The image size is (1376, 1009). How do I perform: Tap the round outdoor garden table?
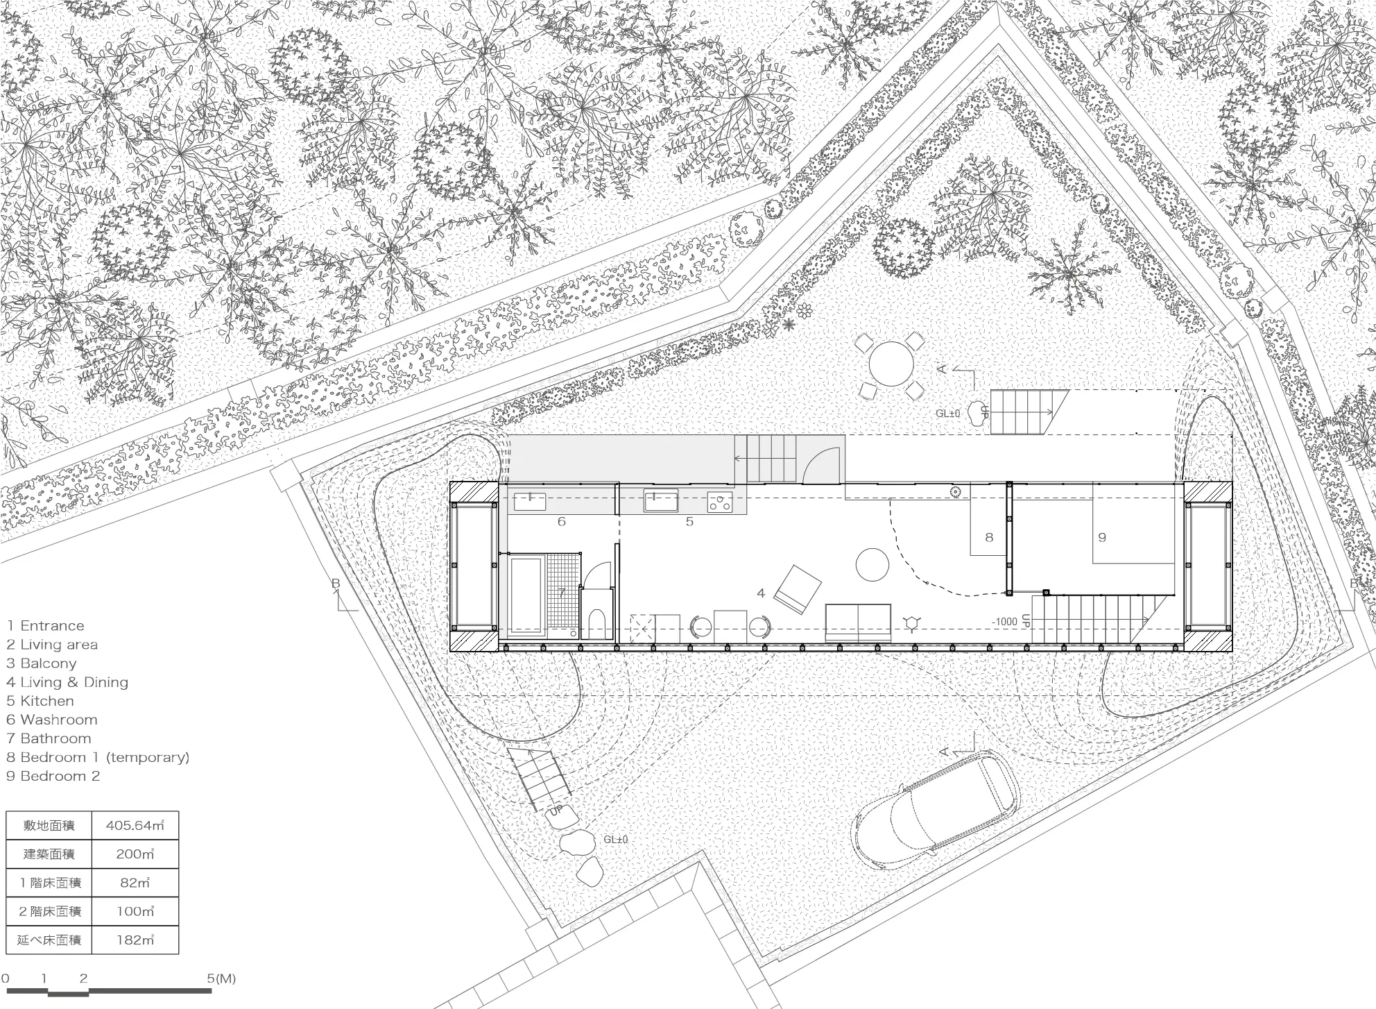[891, 365]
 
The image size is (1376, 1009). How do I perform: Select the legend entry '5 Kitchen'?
[40, 701]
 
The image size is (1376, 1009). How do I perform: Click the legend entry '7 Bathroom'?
[49, 738]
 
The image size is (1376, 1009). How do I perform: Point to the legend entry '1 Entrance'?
[45, 626]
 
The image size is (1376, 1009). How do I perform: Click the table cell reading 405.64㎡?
[135, 826]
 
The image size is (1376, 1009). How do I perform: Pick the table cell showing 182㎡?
[135, 940]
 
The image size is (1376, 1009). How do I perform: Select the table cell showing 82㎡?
[135, 883]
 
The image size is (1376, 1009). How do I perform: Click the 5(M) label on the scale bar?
[222, 978]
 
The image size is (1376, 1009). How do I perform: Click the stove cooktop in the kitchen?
[720, 501]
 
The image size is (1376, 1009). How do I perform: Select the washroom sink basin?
[529, 501]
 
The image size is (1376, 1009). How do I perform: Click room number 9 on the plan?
[1101, 536]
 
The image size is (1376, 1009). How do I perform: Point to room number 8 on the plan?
[989, 536]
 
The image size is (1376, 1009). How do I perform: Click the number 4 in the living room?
[761, 593]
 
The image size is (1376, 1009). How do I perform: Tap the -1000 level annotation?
[1005, 622]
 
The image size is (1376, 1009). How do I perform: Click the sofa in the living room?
[858, 622]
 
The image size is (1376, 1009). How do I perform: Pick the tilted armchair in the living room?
[798, 589]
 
